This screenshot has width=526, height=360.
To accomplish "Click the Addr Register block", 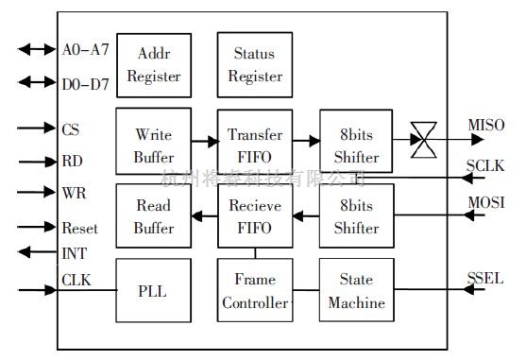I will [x=153, y=63].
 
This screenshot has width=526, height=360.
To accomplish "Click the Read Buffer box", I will [x=153, y=215].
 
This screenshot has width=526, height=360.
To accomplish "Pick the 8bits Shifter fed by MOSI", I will [x=356, y=215].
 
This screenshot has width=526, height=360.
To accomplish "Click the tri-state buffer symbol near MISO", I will [x=424, y=140].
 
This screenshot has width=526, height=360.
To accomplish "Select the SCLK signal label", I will [x=485, y=165].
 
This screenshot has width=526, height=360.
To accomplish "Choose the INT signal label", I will [x=73, y=252].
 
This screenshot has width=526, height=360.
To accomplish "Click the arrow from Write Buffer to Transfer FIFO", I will [x=203, y=140].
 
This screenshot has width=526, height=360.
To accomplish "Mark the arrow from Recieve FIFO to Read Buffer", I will [x=203, y=215].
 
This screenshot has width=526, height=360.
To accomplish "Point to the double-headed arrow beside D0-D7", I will [x=37, y=82].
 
